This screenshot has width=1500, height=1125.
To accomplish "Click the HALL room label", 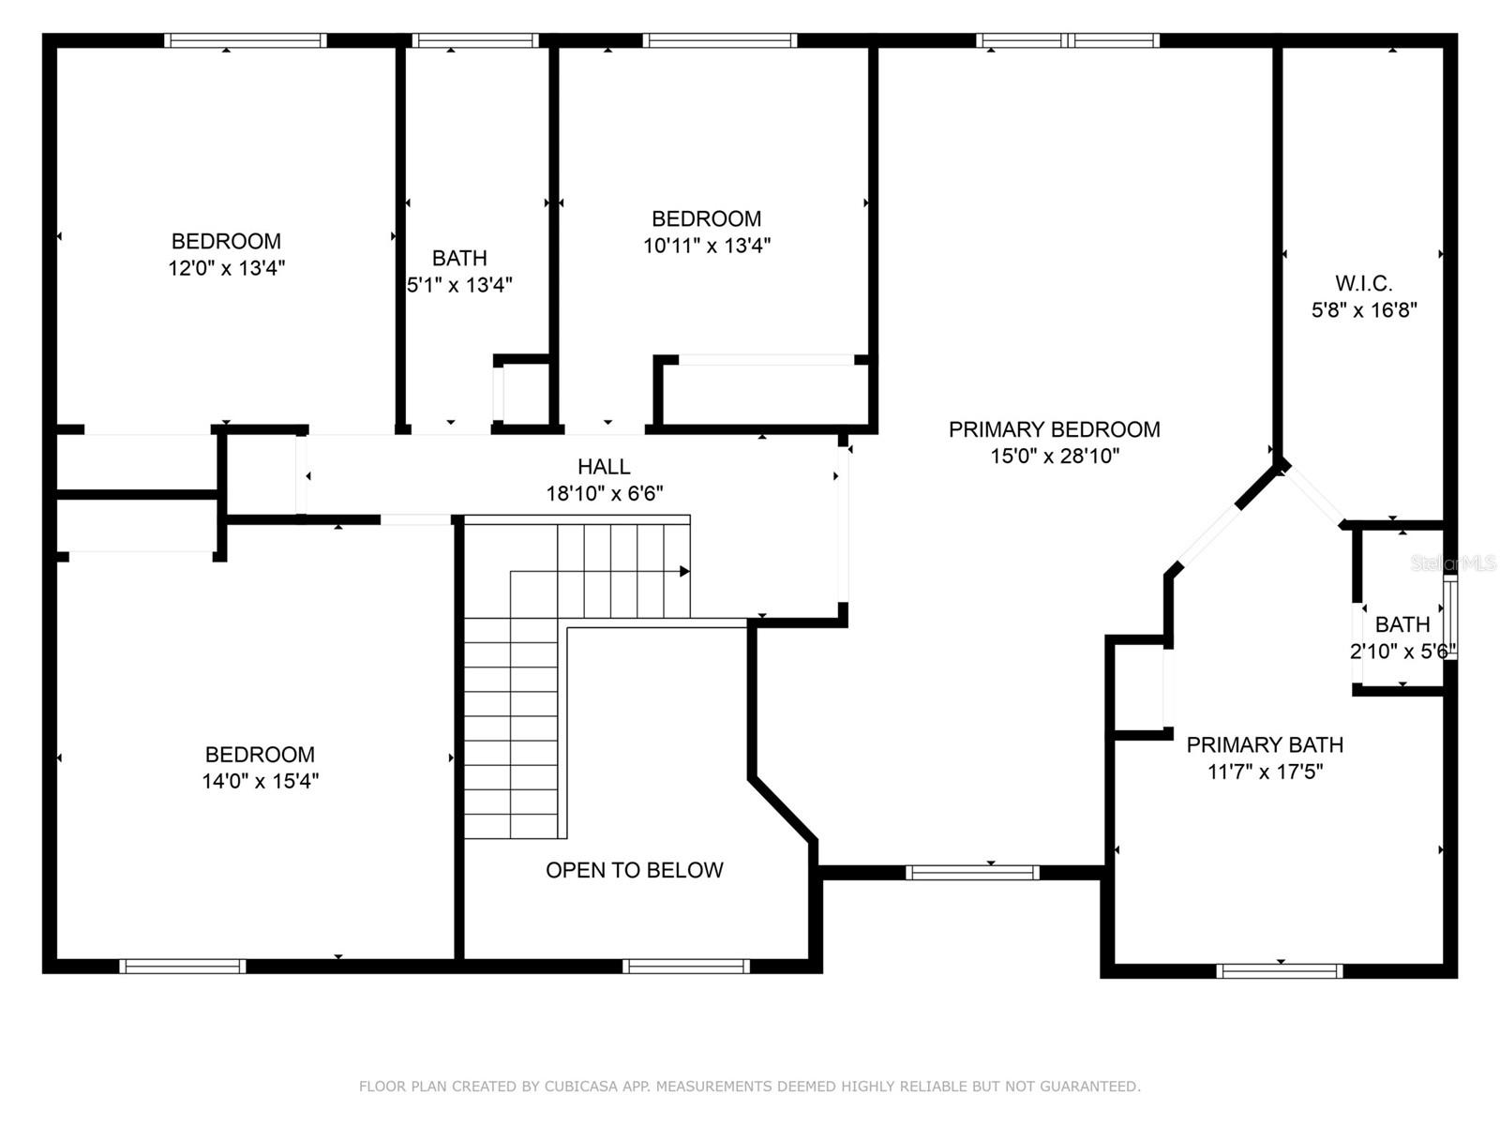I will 604,467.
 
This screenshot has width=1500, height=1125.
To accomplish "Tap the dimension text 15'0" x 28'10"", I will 1055,457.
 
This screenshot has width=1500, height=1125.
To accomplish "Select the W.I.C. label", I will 1363,283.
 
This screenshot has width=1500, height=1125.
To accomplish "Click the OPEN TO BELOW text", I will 635,870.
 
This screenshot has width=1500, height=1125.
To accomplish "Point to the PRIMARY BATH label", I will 1265,745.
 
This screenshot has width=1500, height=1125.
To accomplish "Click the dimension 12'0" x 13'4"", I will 226,268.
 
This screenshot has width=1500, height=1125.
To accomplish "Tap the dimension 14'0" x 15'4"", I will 260,781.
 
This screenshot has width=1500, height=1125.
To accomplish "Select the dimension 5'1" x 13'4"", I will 459,285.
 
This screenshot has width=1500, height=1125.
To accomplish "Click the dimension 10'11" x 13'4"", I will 707,246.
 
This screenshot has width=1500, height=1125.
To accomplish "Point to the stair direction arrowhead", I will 684,572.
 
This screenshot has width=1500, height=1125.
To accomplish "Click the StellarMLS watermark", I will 1453,563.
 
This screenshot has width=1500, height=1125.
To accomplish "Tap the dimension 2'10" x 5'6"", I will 1402,651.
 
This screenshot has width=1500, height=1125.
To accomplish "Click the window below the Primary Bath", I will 1280,971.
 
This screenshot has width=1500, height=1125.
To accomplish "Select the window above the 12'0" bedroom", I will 246,40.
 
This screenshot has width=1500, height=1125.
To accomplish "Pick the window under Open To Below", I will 686,967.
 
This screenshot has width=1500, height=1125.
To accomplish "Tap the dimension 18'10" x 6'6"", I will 605,494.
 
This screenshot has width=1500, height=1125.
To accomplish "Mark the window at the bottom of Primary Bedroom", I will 972,873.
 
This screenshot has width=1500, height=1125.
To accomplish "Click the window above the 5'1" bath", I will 475,40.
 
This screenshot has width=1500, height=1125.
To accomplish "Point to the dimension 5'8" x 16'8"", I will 1363,310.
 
